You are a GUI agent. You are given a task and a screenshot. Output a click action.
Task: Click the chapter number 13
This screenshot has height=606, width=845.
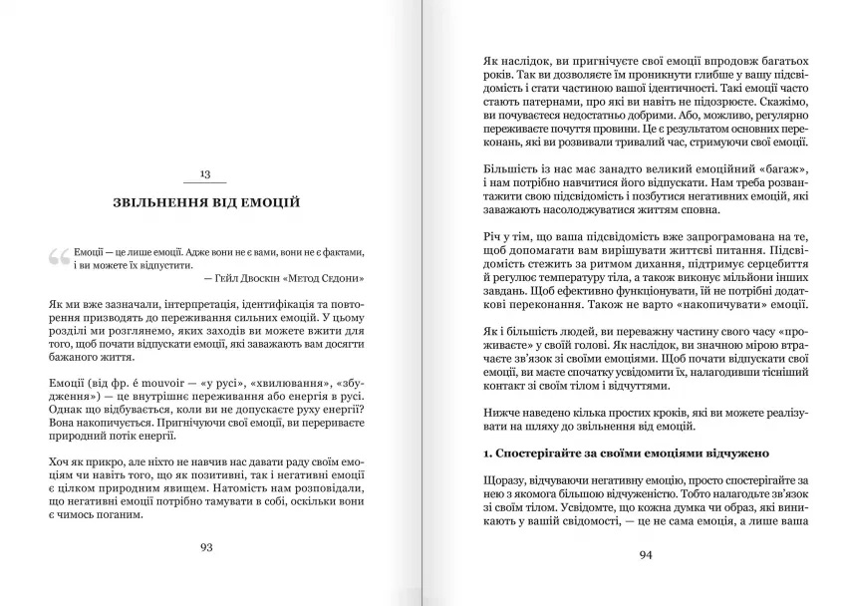204,174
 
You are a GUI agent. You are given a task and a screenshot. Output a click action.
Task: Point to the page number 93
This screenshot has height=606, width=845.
206,546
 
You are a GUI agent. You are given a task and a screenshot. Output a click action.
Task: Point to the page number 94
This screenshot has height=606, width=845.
645,555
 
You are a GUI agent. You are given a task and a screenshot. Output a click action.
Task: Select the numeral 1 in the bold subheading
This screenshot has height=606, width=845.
485,454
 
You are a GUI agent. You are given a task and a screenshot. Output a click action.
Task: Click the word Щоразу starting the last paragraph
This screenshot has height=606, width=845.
504,482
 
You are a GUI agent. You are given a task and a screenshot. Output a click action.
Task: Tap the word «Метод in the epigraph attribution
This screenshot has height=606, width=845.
302,278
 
